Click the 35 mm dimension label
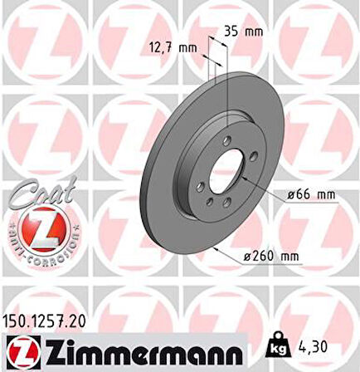coord(243,32)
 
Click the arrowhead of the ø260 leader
coord(216,246)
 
